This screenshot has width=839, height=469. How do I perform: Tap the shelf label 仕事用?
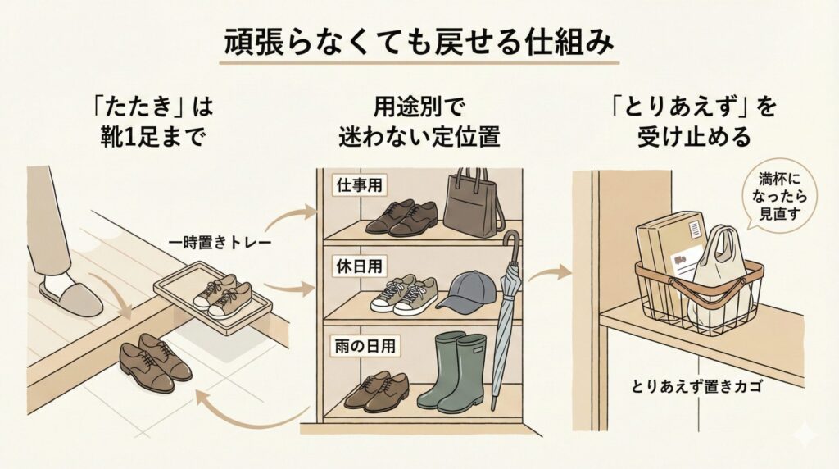point(355,185)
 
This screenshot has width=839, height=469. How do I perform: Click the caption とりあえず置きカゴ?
point(697,385)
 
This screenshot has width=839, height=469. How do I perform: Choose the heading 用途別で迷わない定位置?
point(419,122)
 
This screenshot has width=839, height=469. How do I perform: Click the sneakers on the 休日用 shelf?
point(403,296)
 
